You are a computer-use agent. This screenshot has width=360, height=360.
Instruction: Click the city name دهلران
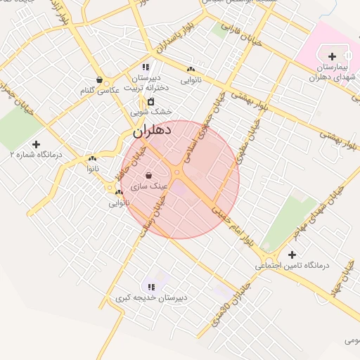point(148,131)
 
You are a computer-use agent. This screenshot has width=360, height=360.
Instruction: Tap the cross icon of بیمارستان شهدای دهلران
point(332,56)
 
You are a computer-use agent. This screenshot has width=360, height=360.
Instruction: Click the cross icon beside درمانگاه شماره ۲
point(36,144)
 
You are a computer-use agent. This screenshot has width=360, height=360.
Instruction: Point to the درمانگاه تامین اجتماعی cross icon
point(292,255)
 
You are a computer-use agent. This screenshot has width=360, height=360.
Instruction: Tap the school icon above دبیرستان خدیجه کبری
point(151,286)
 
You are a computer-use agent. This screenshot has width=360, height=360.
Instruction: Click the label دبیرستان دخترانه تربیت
point(146,83)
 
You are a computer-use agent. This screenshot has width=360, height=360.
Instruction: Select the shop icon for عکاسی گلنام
point(100,80)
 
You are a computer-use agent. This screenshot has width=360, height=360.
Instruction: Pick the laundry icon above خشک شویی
point(150,101)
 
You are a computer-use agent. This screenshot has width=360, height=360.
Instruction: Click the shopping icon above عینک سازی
point(148,174)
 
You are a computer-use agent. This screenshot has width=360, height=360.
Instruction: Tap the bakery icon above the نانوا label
point(91,159)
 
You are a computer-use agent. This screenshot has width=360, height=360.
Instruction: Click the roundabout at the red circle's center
point(179,173)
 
